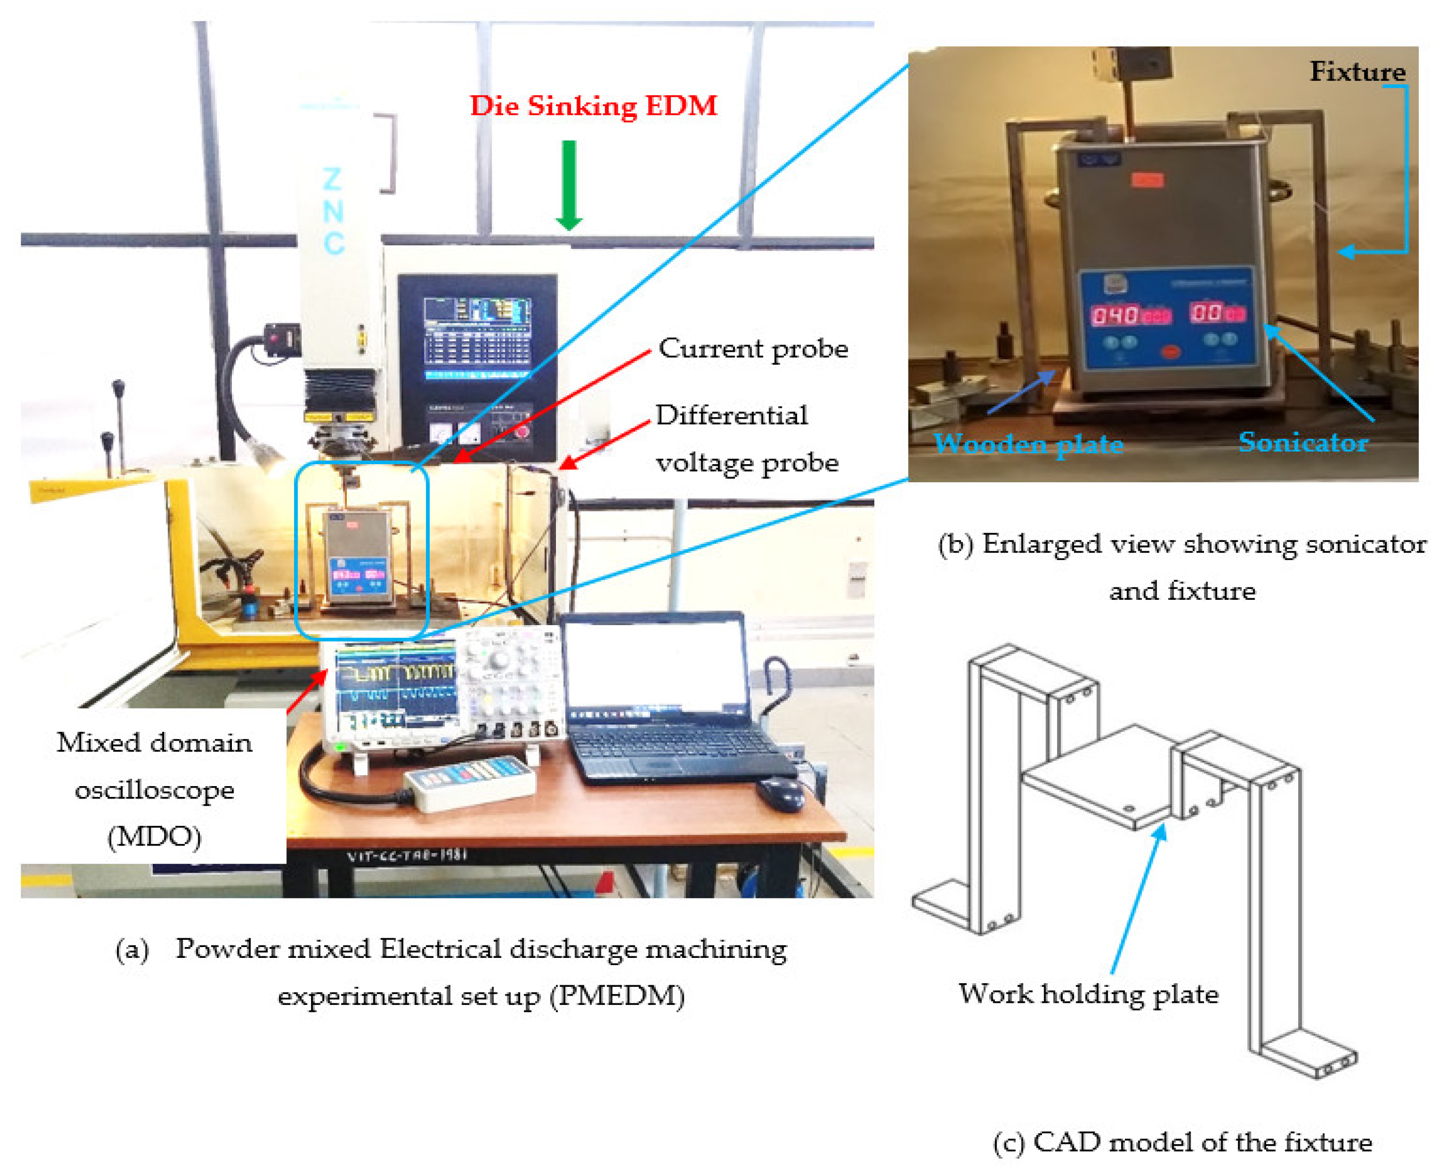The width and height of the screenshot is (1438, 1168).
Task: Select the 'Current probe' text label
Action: click(x=752, y=348)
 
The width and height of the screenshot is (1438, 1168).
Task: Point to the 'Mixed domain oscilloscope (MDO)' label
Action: click(x=154, y=789)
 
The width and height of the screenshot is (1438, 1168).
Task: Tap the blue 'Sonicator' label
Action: click(x=1302, y=442)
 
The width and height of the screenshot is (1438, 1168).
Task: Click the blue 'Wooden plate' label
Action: click(x=1028, y=443)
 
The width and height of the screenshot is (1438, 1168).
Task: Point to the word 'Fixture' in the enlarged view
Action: click(x=1357, y=71)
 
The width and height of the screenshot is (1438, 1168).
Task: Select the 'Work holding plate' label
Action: click(x=1088, y=994)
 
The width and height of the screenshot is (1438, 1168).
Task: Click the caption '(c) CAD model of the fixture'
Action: click(x=1182, y=1142)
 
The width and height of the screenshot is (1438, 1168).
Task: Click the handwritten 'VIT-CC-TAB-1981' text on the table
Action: click(x=406, y=855)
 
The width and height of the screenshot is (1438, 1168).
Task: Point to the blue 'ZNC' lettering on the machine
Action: click(x=333, y=211)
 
